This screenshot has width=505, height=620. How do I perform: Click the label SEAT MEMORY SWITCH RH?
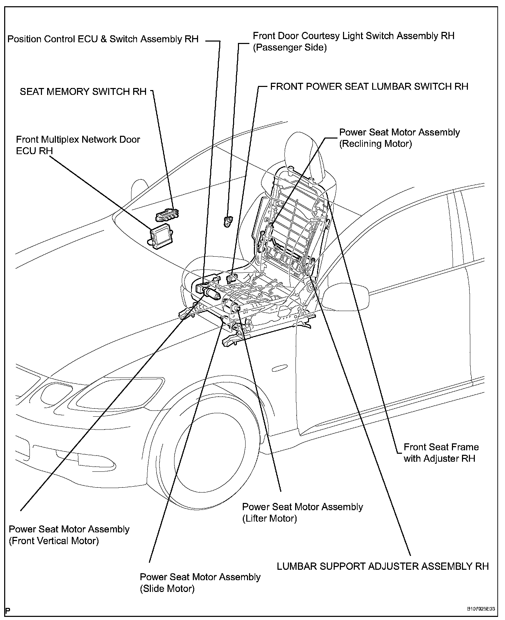point(83,92)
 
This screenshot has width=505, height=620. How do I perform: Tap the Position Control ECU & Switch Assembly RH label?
point(103,39)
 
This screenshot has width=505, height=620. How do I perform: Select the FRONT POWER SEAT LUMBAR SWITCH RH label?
point(369,86)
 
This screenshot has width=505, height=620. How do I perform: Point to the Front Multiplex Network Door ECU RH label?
point(78,145)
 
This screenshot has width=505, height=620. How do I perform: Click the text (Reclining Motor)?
point(375,144)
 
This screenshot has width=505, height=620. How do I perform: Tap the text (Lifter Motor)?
point(269,519)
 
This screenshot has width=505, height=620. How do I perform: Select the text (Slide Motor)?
point(167,588)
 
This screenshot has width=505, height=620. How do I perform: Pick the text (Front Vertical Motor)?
point(54,541)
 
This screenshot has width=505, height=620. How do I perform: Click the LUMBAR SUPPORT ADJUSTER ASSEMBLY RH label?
point(383,566)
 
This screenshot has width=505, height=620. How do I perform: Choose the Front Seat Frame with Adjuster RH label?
point(441,453)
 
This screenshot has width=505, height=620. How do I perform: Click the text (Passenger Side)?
point(290,47)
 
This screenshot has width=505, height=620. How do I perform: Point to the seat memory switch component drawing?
point(167,215)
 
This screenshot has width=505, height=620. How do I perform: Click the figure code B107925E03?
point(481,609)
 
